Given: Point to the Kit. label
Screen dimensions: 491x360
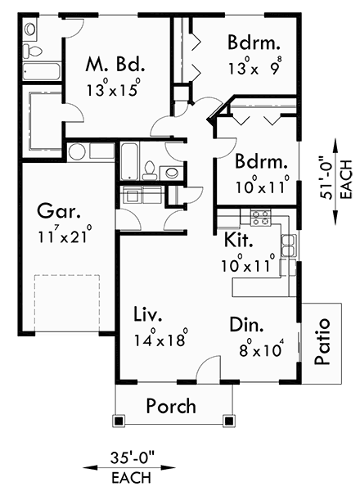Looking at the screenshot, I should click(x=237, y=241).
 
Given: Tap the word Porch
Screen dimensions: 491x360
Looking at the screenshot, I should click(x=171, y=405).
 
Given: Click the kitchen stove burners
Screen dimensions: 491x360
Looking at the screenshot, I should click(x=260, y=218).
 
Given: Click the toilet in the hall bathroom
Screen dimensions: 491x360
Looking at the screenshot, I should click(x=150, y=170).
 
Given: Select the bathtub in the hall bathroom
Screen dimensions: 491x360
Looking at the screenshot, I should click(x=129, y=160).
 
